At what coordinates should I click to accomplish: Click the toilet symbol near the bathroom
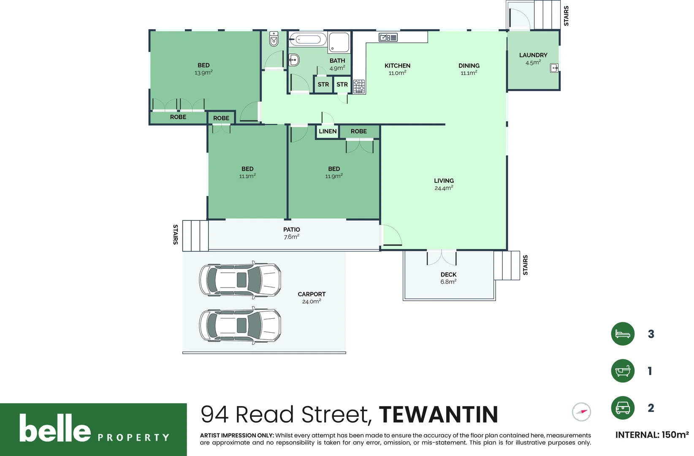(x=274, y=39)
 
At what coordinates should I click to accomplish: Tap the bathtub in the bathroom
(x=308, y=40)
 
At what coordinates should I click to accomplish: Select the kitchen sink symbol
(x=388, y=38)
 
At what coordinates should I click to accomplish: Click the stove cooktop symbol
(x=359, y=87)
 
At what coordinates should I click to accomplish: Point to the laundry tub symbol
(x=554, y=68)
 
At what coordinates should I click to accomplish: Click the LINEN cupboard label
(x=328, y=131)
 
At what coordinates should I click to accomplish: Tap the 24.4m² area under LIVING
(x=444, y=188)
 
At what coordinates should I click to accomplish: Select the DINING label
(x=469, y=65)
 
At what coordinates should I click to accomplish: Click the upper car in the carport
(x=240, y=280)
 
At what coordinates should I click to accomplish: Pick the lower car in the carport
(x=240, y=325)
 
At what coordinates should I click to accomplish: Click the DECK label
(x=448, y=274)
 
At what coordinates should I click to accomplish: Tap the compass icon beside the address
(x=581, y=412)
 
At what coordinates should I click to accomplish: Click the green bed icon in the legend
(x=623, y=334)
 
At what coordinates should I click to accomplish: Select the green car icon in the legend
(x=623, y=408)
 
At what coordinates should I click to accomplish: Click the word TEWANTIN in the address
(x=438, y=415)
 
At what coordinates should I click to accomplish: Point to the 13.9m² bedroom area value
(x=203, y=73)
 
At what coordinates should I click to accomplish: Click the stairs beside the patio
(x=195, y=236)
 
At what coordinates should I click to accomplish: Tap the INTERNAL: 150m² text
(x=652, y=435)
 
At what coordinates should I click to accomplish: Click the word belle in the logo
(x=55, y=428)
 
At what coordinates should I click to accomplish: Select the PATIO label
(x=291, y=230)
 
